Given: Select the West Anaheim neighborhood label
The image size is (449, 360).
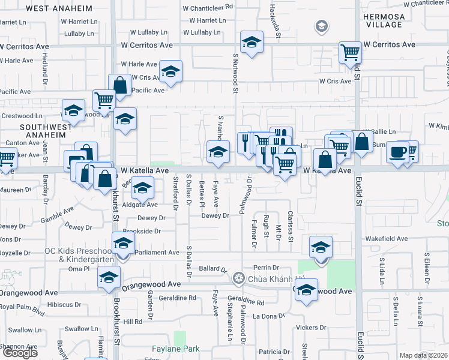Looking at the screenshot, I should tap(59, 9).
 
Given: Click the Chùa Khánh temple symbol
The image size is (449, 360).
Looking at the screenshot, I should tap(240, 279).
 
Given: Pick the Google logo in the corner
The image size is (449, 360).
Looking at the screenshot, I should tap(20, 353).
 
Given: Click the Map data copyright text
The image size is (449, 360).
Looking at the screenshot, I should tap(424, 355).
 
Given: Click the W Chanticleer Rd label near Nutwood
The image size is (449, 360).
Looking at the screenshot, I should tap(207, 8).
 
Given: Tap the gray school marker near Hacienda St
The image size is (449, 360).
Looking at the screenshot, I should tap(322, 26).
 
